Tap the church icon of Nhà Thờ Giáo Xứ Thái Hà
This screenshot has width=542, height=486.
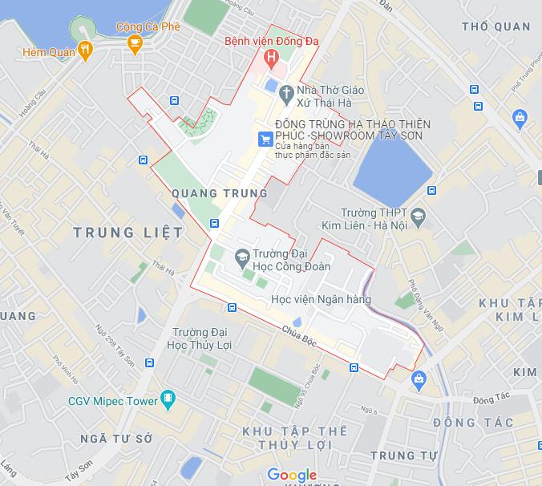click(285, 95)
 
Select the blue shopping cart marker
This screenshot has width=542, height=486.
click(265, 140)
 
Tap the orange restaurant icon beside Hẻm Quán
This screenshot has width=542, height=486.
click(86, 51)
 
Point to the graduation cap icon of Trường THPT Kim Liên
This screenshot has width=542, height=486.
click(419, 217)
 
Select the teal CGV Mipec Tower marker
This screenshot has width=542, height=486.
click(168, 399)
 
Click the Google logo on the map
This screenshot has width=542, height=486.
click(292, 475)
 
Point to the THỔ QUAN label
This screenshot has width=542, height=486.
click(497, 27)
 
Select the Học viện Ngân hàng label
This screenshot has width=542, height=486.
click(321, 299)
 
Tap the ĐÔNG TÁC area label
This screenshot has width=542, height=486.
click(472, 423)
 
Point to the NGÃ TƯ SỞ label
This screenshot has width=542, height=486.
click(116, 439)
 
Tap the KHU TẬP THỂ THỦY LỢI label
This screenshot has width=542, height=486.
click(295, 438)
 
